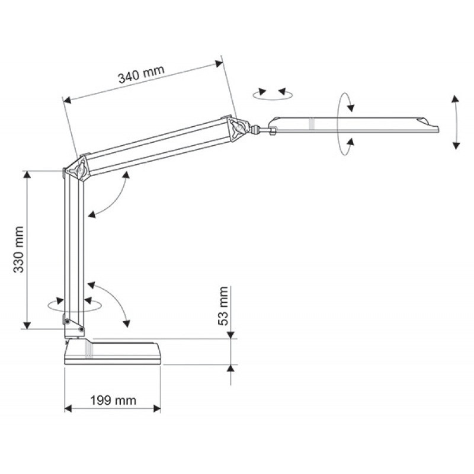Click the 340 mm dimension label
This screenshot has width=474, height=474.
[x=141, y=74]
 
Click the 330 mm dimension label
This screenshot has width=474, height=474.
[x=19, y=249]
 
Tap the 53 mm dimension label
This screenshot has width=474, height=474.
[x=223, y=306]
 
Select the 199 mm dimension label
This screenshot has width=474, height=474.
[x=113, y=401]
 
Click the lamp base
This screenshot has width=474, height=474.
[x=113, y=351]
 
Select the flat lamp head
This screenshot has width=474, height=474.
[x=354, y=125]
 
